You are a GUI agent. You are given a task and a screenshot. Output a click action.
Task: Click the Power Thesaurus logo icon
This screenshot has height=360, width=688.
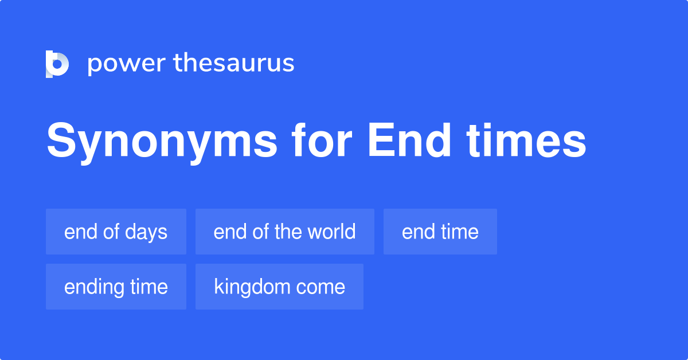click(57, 64)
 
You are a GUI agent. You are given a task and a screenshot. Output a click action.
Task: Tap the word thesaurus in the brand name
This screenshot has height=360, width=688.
click(234, 64)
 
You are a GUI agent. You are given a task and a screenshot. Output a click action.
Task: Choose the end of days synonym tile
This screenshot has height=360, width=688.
click(116, 232)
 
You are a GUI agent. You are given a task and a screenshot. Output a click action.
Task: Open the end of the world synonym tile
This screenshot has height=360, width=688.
click(284, 232)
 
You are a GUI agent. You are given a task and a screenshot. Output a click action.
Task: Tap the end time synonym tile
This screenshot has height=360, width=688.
click(440, 232)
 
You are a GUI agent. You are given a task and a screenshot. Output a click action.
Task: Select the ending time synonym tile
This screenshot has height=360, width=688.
click(116, 287)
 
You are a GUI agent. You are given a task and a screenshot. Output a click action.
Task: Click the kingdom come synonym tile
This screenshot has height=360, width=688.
click(279, 287)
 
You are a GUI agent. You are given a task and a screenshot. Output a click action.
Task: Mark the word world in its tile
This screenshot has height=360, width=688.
click(331, 232)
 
